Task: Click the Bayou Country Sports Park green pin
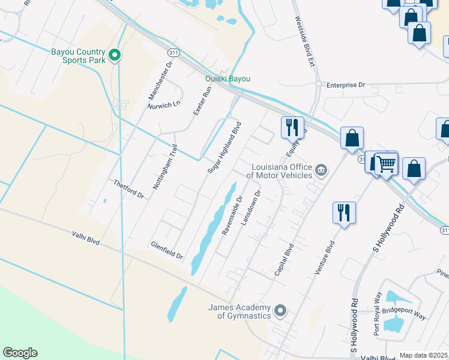[115, 56]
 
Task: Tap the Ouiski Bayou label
[228, 79]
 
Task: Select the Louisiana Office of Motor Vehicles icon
[321, 171]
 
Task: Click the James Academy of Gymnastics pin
[280, 311]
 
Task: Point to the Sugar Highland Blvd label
[224, 148]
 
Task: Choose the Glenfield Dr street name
[167, 251]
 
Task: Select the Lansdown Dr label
[252, 208]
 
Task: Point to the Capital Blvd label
[284, 260]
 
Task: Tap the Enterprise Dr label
[346, 85]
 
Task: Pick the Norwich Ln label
[164, 104]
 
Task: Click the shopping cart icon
[387, 164]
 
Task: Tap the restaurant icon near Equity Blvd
[291, 127]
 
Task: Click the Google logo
[20, 353]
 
